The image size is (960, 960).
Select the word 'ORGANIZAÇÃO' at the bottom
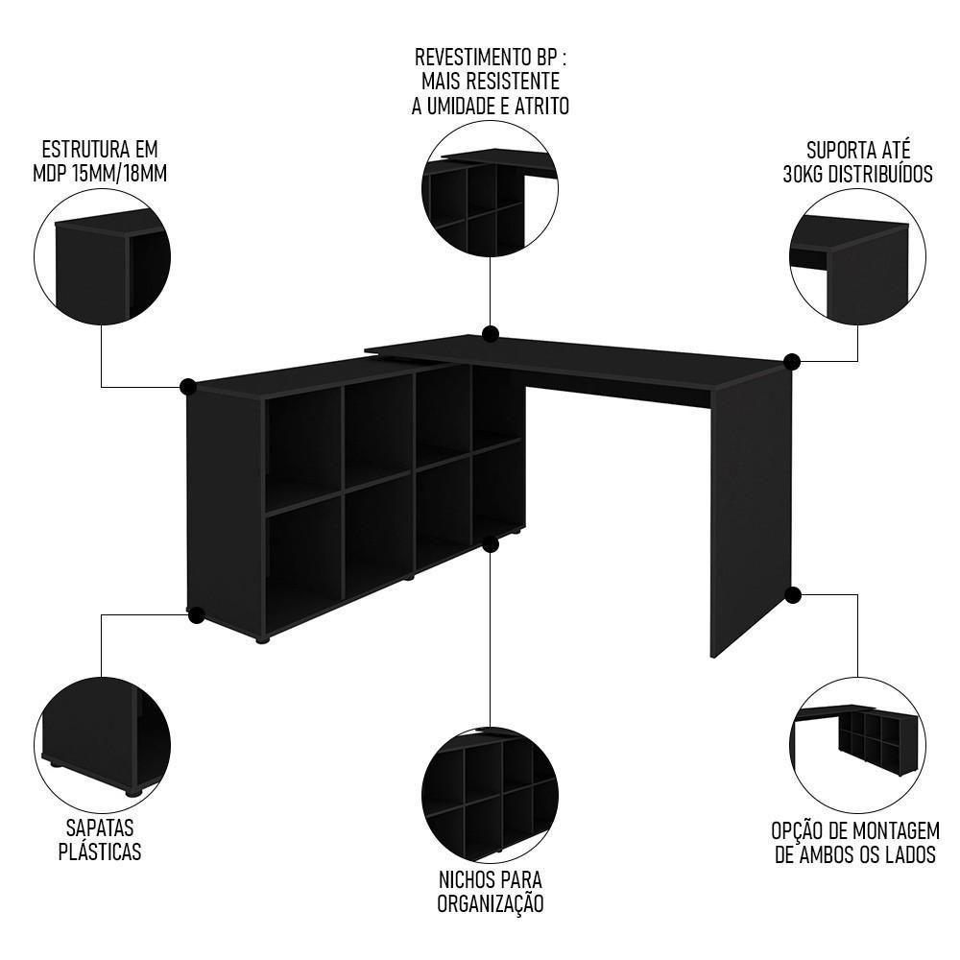pos(491,903)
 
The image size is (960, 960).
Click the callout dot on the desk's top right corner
pos(792,362)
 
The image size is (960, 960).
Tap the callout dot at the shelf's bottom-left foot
pos(196,613)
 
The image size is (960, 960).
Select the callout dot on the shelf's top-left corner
pos(188,387)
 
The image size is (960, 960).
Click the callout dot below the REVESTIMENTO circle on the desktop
pos(491,334)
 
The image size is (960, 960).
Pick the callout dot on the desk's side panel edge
pos(793,595)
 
